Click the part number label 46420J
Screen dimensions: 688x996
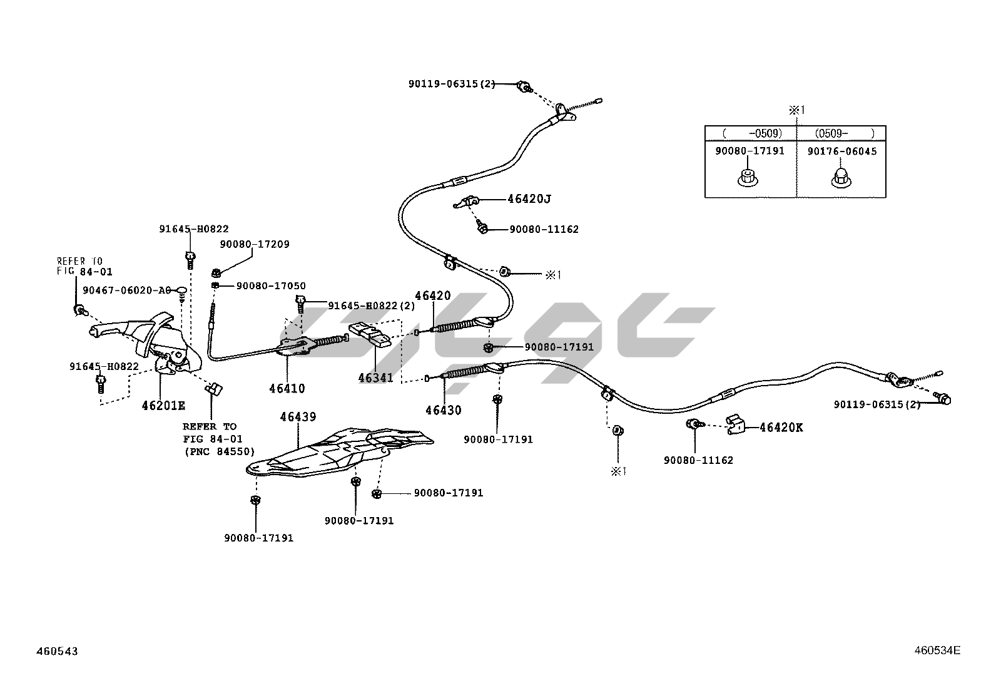pos(529,199)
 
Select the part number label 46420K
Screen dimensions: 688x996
pos(781,428)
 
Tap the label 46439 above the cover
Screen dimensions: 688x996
pos(298,416)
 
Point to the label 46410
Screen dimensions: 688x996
pos(287,388)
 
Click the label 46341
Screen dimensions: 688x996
pos(375,377)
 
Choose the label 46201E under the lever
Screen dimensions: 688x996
pos(163,405)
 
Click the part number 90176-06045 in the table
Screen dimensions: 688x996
pos(841,151)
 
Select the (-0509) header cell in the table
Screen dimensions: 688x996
pos(751,133)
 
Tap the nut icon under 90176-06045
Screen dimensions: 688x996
pos(840,178)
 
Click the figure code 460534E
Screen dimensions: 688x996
pos(937,650)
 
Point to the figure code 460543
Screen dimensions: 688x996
pos(57,651)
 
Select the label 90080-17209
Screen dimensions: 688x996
pos(255,244)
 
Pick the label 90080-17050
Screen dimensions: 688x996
pos(271,286)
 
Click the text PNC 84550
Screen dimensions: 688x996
pos(219,451)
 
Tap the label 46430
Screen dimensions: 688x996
pos(443,411)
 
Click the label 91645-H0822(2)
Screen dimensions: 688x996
pos(372,305)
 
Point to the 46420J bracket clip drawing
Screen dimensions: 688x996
pos(467,202)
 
